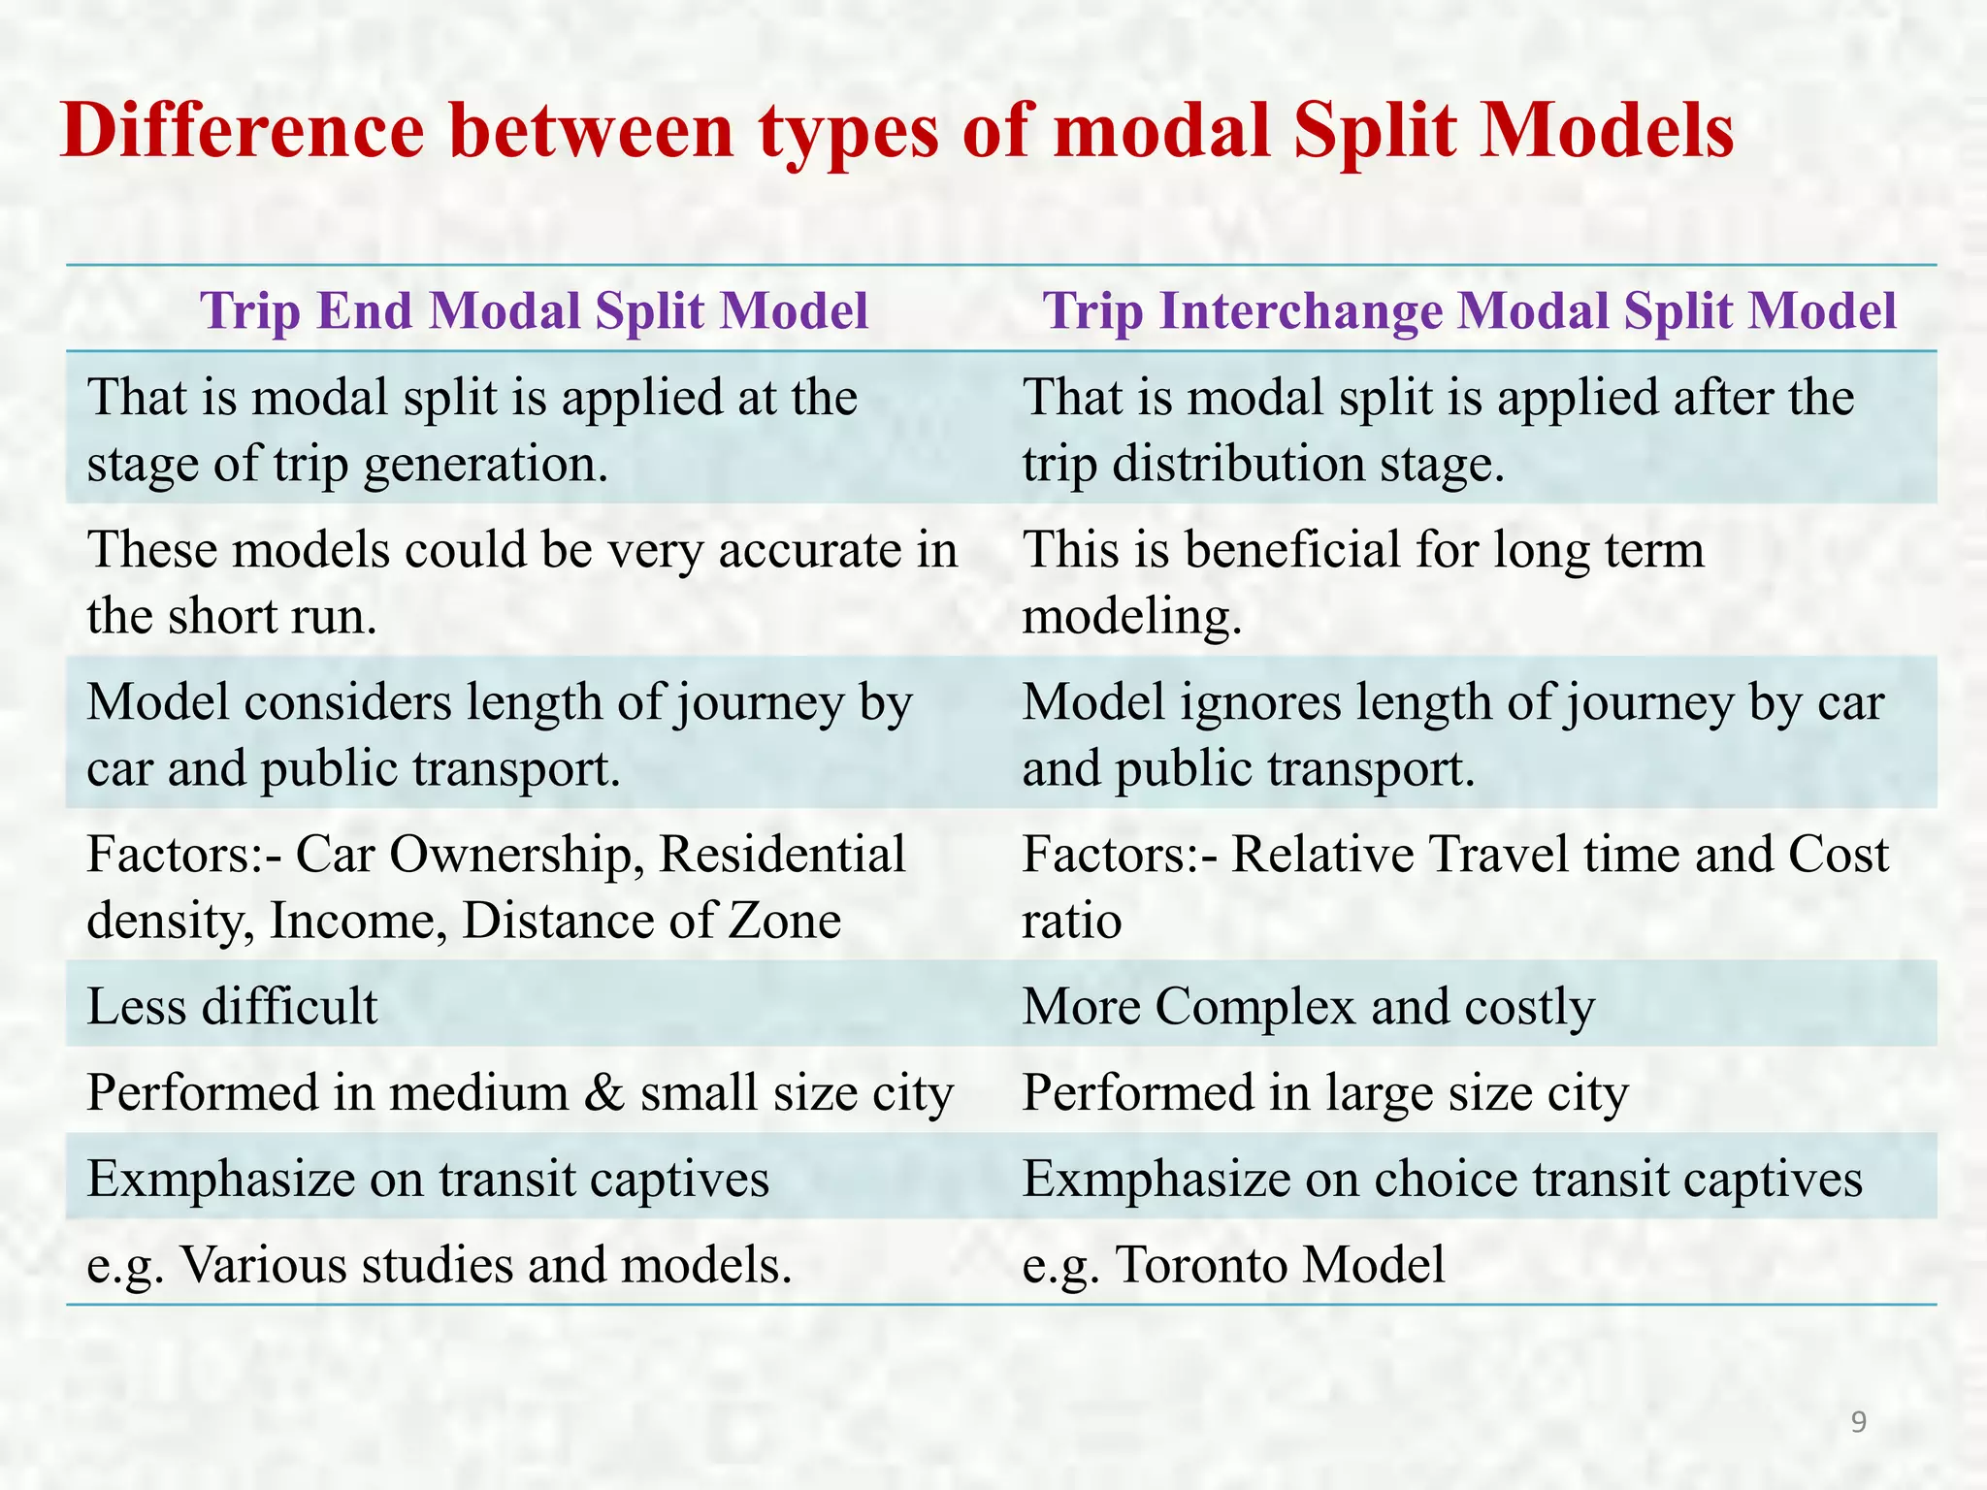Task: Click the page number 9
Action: point(1858,1422)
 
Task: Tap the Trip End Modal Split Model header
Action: point(534,311)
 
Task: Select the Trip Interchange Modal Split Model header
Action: point(1469,311)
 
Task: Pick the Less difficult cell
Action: point(232,1006)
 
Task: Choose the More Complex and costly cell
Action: point(1308,1006)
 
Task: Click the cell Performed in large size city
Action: point(1324,1092)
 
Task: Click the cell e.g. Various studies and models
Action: point(439,1264)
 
